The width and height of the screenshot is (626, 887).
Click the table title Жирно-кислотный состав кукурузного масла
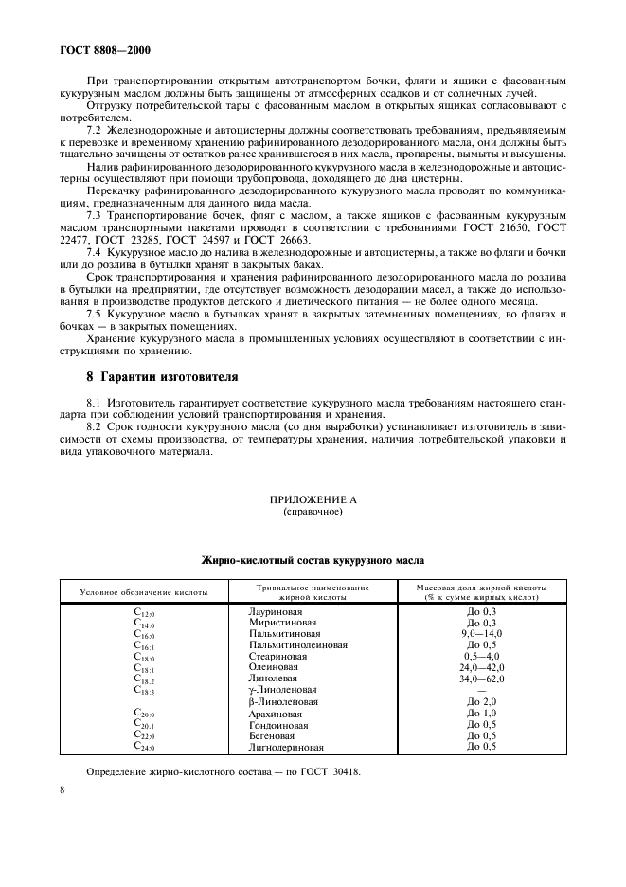pos(313,560)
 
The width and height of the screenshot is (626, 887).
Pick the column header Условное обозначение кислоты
pos(144,592)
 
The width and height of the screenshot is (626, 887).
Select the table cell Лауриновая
pos(271,612)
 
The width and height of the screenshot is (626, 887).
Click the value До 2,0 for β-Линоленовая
pos(482,701)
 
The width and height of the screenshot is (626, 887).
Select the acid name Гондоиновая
pos(276,724)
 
